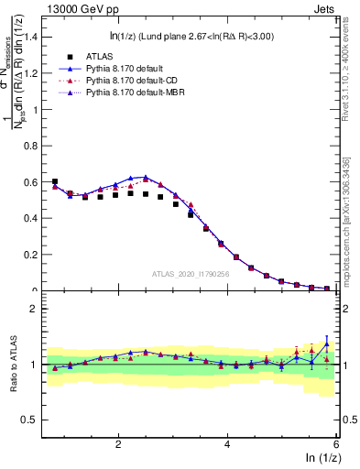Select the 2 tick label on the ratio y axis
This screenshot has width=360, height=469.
(33, 309)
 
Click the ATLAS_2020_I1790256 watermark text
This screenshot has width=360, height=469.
(191, 273)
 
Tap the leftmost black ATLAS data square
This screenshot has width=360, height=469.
(55, 181)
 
